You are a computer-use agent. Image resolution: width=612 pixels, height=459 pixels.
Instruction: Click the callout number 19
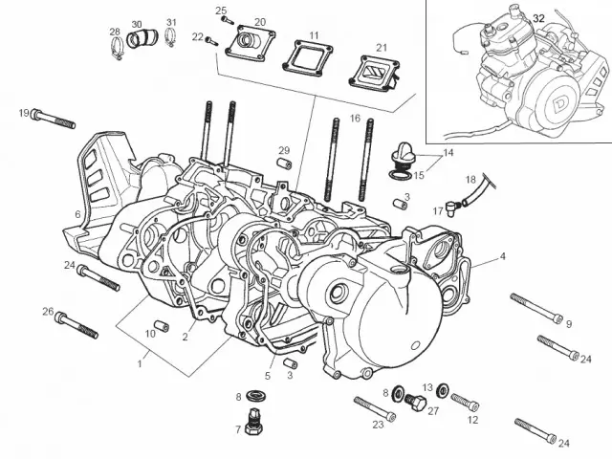pyautogui.click(x=24, y=114)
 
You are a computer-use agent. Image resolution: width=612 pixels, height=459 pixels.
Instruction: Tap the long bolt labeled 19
pyautogui.click(x=54, y=119)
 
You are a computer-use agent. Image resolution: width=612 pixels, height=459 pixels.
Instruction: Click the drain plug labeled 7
pyautogui.click(x=253, y=424)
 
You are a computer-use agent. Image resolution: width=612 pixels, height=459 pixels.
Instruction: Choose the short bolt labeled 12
pyautogui.click(x=464, y=401)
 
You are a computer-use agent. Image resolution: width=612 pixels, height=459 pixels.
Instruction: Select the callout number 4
pyautogui.click(x=502, y=256)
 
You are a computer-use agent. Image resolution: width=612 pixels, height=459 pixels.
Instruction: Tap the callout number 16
pyautogui.click(x=355, y=119)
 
